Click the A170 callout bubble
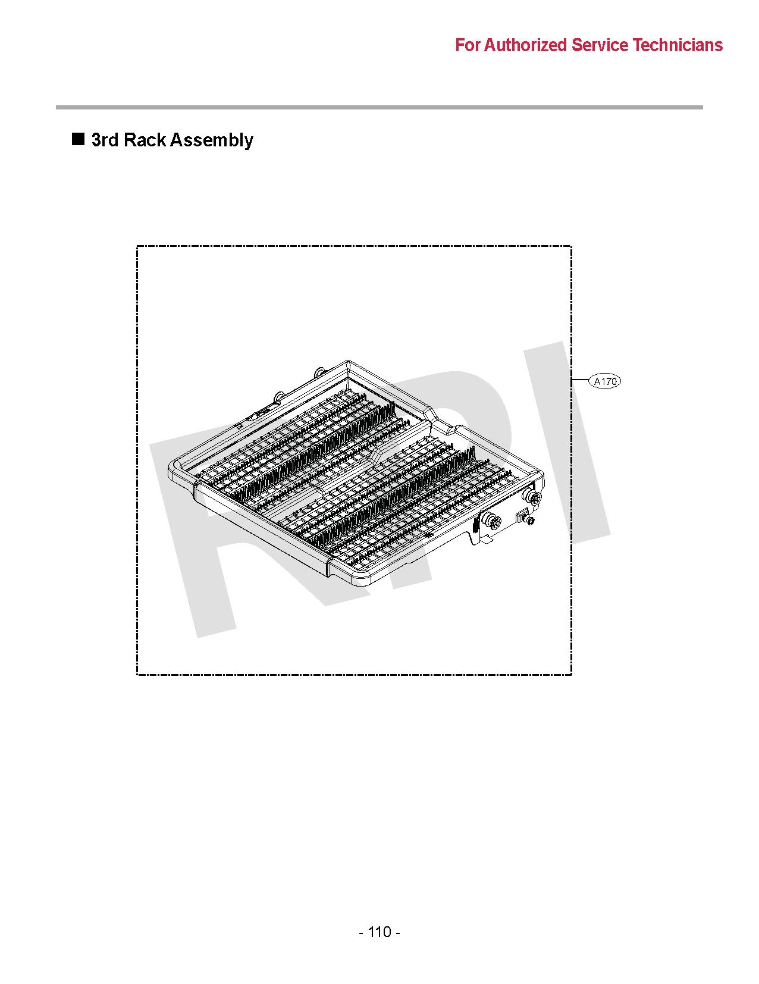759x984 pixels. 605,381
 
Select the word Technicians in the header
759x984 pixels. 677,45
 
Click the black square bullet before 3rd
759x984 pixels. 79,139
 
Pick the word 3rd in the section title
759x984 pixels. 105,140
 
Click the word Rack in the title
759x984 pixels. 145,140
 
